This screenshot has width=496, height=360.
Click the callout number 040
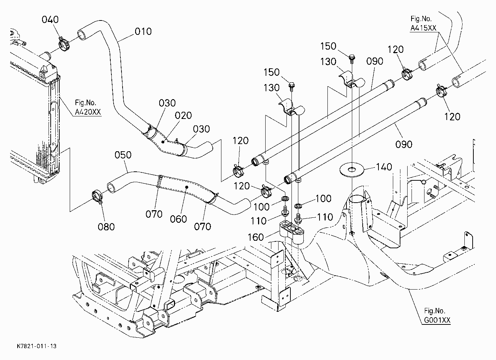point(50,19)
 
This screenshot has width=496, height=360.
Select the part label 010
point(143,32)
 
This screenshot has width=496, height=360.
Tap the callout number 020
point(183,115)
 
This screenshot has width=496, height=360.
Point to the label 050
point(123,155)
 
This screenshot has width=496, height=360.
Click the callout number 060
point(179,219)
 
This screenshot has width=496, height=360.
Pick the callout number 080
point(106,227)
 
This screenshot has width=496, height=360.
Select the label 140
point(384,167)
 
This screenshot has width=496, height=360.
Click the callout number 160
point(256,237)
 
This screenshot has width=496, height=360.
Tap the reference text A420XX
point(88,112)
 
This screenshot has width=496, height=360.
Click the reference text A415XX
point(423,28)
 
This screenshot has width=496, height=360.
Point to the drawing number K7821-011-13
point(37,346)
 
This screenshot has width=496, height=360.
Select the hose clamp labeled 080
point(97,195)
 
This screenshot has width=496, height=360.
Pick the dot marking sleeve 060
point(187,187)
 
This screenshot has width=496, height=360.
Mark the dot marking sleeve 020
point(163,142)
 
